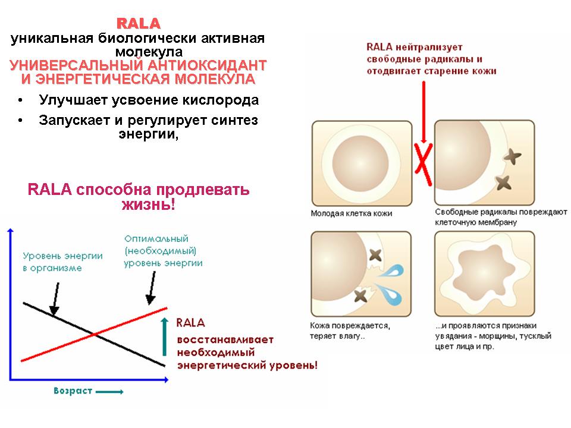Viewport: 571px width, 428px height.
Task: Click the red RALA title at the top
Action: (x=139, y=24)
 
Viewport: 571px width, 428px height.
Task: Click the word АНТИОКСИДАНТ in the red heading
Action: (x=207, y=65)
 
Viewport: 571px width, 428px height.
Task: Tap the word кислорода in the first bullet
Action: (x=221, y=100)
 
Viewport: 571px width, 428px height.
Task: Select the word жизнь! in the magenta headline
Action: (x=149, y=204)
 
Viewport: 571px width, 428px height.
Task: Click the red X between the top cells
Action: (x=423, y=165)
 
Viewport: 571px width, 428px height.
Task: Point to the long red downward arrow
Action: (x=423, y=112)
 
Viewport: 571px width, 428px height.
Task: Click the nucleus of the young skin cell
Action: (x=360, y=163)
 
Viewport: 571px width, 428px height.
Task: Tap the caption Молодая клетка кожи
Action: (x=352, y=213)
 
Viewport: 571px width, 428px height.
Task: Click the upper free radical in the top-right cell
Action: (x=512, y=157)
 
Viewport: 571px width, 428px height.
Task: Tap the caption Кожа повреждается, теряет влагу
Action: (x=350, y=331)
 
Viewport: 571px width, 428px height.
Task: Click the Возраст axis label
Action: (x=73, y=391)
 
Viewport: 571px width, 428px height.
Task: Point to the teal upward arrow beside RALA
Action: (x=165, y=336)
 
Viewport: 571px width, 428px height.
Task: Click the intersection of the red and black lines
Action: (x=95, y=334)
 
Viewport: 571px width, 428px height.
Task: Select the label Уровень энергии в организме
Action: (x=62, y=262)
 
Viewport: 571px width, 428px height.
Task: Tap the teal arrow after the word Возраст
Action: (x=109, y=392)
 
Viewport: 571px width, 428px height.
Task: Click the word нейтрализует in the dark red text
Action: (x=429, y=48)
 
